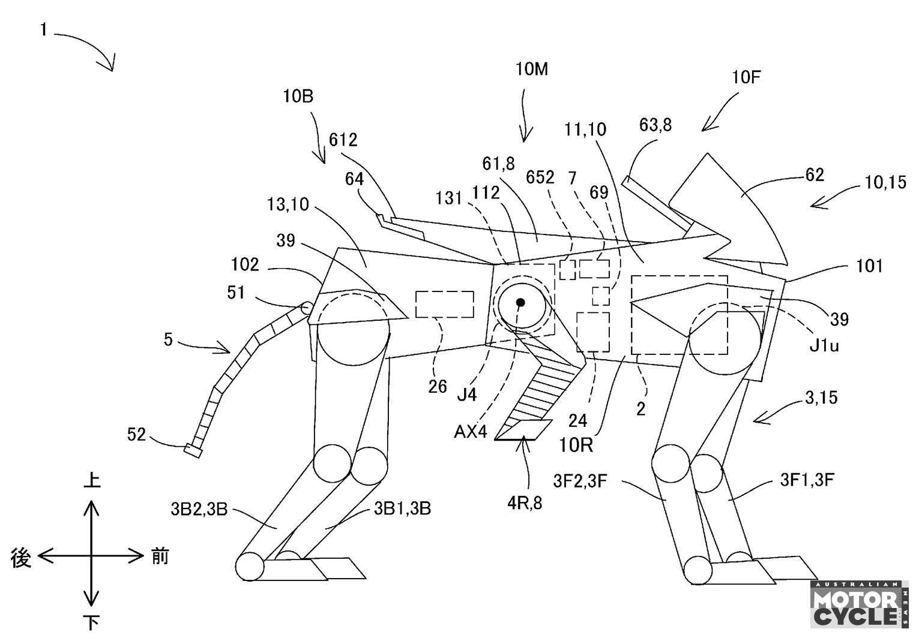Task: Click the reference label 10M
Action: (531, 70)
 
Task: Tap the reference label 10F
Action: (746, 77)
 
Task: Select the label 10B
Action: (298, 96)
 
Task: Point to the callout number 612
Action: (343, 140)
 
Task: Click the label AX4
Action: (471, 432)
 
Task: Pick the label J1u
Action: (824, 346)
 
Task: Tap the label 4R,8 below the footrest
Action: (525, 503)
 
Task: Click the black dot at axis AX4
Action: (520, 303)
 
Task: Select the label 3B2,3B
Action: (199, 510)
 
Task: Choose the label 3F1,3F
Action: (807, 480)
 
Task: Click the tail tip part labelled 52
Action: (193, 450)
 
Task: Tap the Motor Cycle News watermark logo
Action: (859, 604)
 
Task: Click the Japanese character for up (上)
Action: (92, 480)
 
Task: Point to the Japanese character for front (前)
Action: (160, 556)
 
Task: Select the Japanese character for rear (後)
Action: (20, 558)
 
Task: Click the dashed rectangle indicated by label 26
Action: (445, 304)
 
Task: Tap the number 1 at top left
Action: (44, 29)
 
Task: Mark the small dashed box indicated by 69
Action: (600, 296)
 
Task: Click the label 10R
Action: (576, 446)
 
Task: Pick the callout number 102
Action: (245, 265)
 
